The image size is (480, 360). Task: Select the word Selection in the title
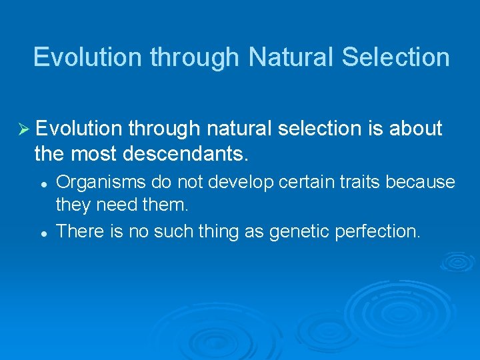coord(395,57)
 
